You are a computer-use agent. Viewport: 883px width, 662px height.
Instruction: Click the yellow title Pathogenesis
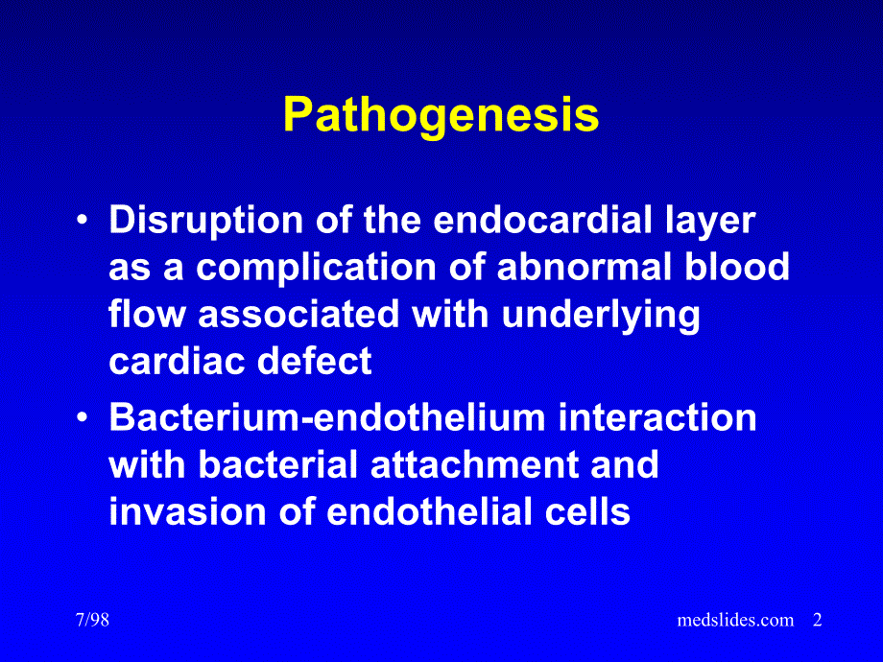tap(441, 115)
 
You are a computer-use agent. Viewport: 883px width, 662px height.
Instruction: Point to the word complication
tap(317, 269)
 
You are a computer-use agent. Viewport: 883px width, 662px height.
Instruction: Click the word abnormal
tap(585, 267)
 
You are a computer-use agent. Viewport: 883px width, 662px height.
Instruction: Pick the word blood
tap(736, 267)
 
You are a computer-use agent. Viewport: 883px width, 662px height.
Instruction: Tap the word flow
tap(147, 314)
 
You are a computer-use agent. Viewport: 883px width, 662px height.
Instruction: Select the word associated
tap(299, 314)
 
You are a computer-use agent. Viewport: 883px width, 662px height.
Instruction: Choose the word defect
tap(314, 361)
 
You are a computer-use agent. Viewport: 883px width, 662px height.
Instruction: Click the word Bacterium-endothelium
tap(327, 417)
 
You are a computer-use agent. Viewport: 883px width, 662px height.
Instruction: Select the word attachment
tap(474, 464)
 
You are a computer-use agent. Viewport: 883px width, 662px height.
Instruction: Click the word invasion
tap(187, 511)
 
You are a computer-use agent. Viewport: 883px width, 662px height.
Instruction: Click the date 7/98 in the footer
tap(92, 620)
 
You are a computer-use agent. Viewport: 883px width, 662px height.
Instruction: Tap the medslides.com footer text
tap(735, 620)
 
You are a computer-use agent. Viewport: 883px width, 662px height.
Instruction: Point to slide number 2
tap(818, 620)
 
